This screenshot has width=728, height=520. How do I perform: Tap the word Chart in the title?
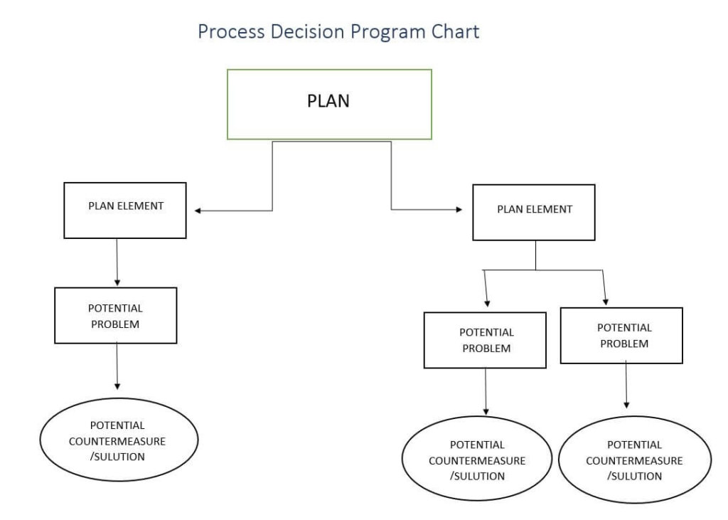453,32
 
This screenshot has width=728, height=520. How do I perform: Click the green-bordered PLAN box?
328,104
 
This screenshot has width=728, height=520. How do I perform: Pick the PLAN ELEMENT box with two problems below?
534,212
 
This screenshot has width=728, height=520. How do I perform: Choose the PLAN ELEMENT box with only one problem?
125,210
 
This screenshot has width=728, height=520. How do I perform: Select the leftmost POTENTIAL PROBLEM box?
115,315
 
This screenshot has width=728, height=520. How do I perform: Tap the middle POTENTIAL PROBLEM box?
486,340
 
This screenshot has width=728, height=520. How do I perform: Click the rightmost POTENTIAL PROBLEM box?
621,336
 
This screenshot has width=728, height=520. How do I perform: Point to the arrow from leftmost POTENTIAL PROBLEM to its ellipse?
117,366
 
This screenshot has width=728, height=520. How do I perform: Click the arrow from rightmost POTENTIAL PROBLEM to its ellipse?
626,384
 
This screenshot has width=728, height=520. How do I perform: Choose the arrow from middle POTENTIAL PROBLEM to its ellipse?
486,391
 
